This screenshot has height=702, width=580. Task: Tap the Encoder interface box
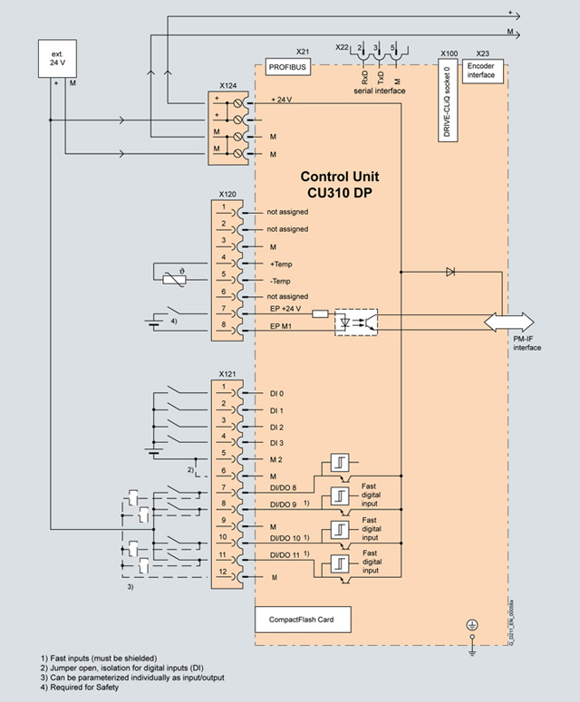481,70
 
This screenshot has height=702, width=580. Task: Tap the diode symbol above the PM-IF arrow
450,271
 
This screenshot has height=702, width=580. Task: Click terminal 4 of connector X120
223,263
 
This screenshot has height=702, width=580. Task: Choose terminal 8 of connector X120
223,330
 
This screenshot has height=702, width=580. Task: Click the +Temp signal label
282,263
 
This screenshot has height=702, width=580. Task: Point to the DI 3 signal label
276,443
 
